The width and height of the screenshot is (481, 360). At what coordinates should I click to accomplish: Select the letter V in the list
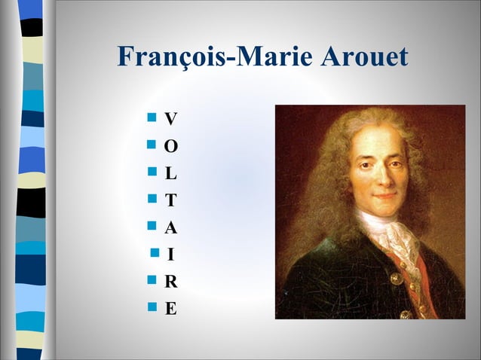point(171,119)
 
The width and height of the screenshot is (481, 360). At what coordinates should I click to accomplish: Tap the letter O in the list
point(171,146)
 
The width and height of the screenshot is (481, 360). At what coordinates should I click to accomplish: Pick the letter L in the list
point(171,173)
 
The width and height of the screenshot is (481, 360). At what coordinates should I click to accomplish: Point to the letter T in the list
point(171,200)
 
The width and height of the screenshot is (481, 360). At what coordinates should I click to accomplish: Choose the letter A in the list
point(171,227)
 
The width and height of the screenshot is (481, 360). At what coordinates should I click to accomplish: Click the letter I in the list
point(171,255)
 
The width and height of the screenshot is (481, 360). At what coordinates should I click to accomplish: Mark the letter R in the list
point(171,282)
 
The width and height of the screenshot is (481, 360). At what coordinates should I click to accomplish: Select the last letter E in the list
point(171,309)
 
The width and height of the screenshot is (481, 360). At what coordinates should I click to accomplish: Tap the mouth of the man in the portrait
point(383,195)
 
